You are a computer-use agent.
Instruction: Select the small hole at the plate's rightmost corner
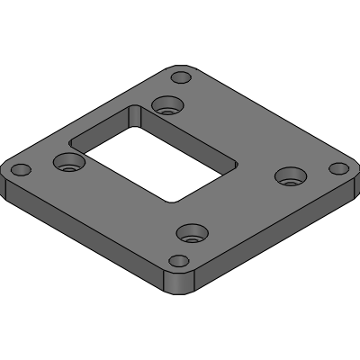337,168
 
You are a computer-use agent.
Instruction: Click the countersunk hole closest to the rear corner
165,105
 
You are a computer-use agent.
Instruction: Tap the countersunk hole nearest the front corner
189,235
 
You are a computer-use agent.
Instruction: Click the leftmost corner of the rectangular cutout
68,147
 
